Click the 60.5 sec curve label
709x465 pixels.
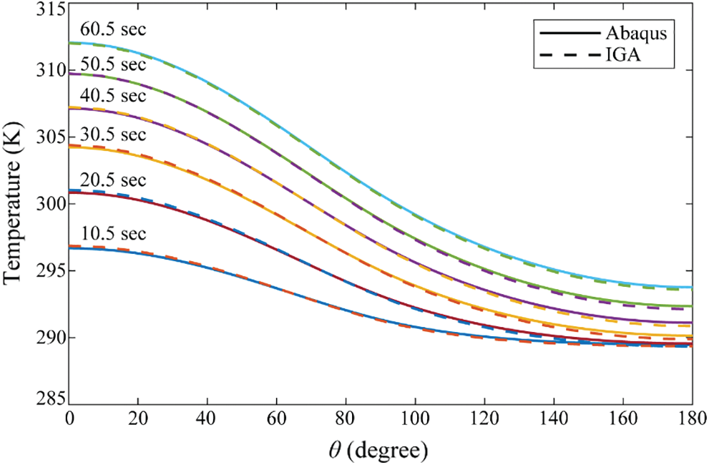point(113,31)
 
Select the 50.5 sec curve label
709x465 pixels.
point(113,64)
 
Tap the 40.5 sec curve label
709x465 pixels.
point(113,96)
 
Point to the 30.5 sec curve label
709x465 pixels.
point(113,134)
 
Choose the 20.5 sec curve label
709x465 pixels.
point(113,180)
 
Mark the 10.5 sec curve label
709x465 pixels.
point(113,234)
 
